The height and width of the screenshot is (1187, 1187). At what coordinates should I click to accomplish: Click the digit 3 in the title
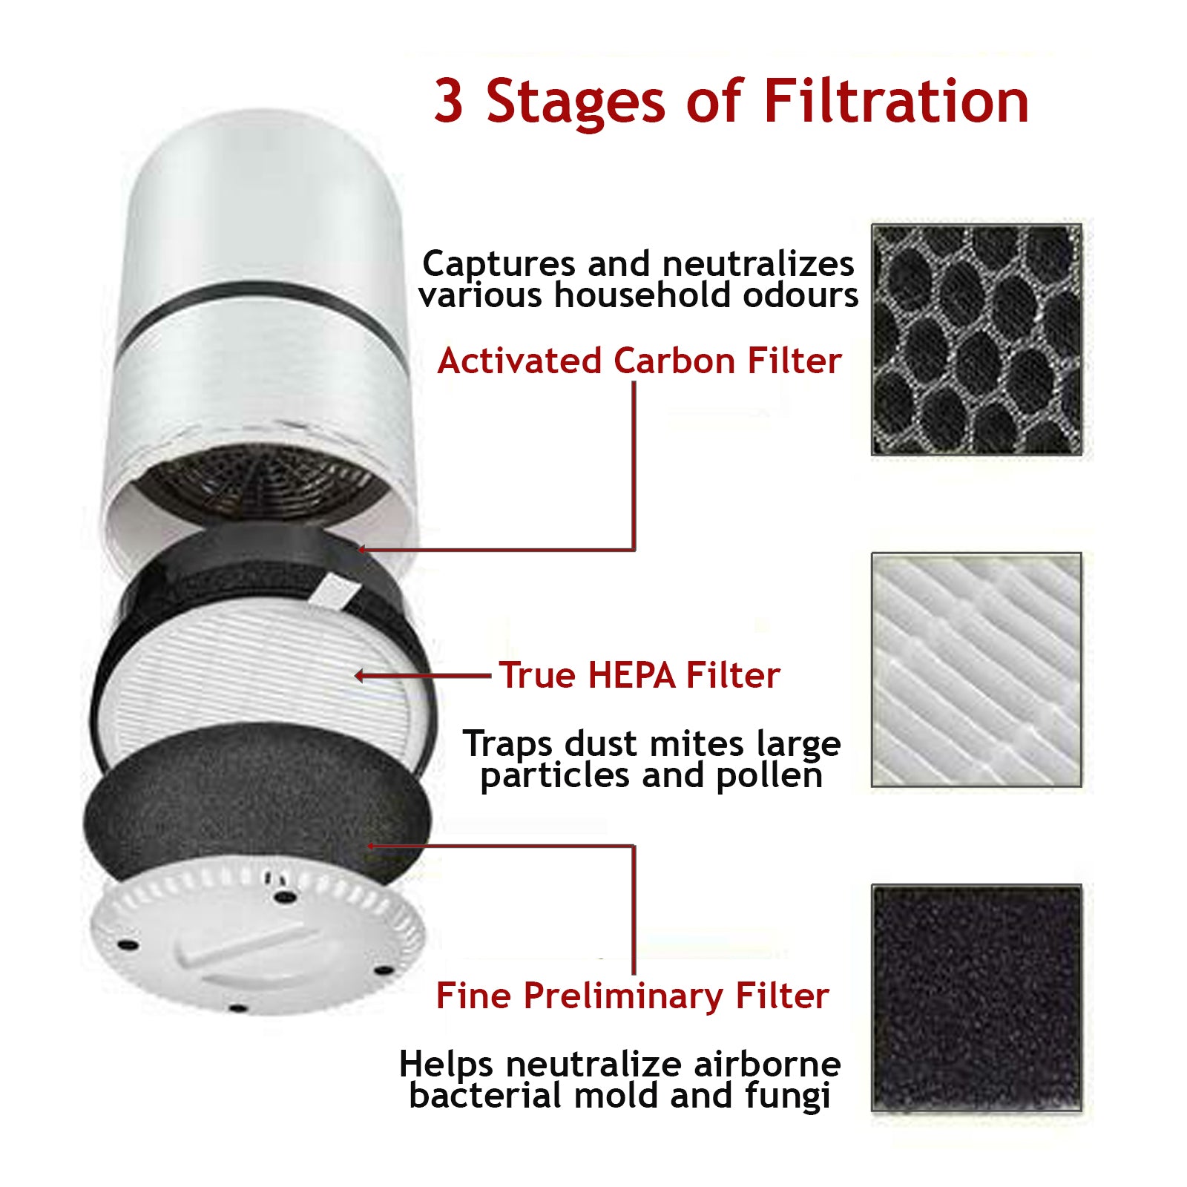tap(450, 101)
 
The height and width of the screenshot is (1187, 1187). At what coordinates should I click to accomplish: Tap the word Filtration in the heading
tap(895, 101)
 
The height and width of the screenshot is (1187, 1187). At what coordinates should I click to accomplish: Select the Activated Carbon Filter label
tap(639, 361)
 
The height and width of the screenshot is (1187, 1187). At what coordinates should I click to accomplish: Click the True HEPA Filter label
tap(639, 675)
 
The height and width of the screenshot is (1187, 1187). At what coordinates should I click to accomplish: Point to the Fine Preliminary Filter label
tap(632, 996)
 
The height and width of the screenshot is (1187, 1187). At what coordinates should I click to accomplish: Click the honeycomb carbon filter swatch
tap(976, 339)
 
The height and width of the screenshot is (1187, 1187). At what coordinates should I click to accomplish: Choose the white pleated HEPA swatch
tap(976, 669)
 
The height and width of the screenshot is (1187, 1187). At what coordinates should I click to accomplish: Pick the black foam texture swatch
tap(976, 997)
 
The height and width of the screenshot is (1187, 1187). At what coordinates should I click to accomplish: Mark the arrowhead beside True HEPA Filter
tap(361, 675)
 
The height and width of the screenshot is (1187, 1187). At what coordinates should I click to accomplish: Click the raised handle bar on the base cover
tap(245, 942)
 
